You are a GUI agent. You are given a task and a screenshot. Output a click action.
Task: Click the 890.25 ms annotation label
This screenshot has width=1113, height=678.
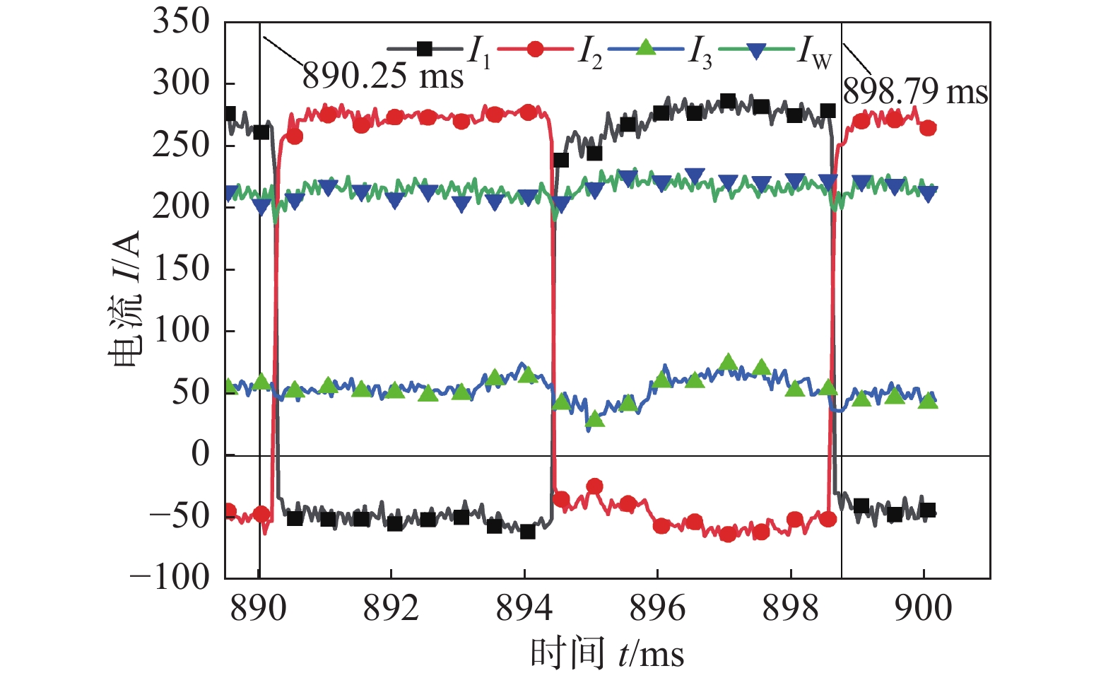point(382,76)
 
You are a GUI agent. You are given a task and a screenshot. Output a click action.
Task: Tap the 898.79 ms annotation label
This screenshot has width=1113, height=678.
point(915,91)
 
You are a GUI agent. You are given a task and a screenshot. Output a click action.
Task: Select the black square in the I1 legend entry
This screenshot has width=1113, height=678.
point(424,49)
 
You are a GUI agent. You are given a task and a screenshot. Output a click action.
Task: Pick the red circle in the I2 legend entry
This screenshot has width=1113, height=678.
point(535,49)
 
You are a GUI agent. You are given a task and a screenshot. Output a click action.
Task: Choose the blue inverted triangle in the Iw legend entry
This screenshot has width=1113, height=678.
point(756,50)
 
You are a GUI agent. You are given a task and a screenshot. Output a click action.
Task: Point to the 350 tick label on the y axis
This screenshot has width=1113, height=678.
point(182,21)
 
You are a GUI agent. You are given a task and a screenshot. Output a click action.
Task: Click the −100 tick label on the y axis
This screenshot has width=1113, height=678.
point(170,577)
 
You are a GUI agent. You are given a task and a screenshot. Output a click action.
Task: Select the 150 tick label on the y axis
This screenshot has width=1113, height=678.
point(182,269)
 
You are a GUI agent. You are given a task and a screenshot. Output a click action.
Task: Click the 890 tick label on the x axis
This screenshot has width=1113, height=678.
point(259,608)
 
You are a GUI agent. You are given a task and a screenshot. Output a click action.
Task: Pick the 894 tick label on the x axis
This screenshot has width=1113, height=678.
point(524,608)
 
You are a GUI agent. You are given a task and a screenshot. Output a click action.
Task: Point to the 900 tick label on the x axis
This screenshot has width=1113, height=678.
point(924,608)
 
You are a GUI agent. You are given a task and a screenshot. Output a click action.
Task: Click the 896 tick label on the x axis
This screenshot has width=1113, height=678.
point(657,608)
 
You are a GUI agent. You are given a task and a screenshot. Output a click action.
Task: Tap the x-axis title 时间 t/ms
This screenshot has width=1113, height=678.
point(607,653)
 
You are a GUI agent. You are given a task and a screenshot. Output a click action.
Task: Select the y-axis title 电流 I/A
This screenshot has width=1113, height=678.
point(125,298)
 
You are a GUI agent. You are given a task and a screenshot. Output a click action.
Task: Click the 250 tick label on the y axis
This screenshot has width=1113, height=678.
point(182,145)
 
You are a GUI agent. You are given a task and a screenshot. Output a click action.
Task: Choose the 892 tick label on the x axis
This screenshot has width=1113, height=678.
point(391,608)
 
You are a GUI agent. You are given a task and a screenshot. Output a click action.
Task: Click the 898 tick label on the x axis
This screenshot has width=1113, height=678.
point(791,608)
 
